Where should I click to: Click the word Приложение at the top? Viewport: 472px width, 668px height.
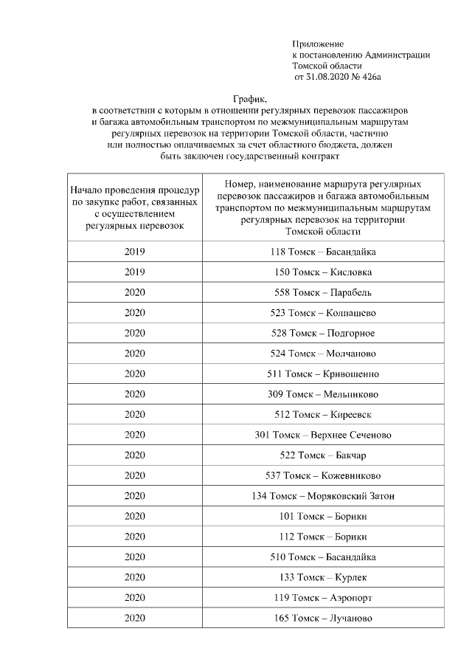click(318, 44)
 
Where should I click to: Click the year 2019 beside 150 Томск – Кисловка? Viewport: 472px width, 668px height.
click(134, 272)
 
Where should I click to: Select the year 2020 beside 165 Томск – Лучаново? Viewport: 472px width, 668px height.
click(134, 618)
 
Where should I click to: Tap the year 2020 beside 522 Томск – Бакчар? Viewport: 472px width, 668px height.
click(134, 455)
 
